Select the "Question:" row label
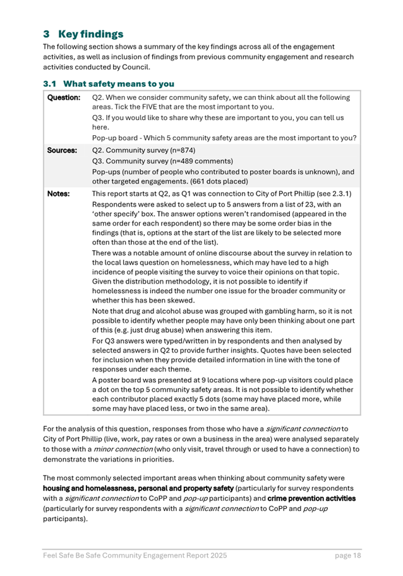[x=64, y=98]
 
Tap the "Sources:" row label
[x=63, y=151]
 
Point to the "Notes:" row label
[x=59, y=194]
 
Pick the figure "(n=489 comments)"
[x=197, y=161]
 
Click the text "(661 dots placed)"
[x=214, y=181]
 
